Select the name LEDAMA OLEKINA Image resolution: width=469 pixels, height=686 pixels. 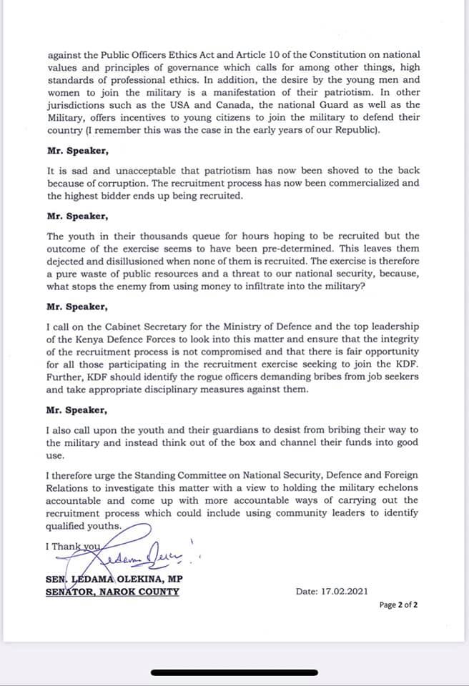tap(119, 579)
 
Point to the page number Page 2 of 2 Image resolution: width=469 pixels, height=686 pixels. tap(398, 605)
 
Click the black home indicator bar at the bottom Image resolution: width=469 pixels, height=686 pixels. tap(234, 672)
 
